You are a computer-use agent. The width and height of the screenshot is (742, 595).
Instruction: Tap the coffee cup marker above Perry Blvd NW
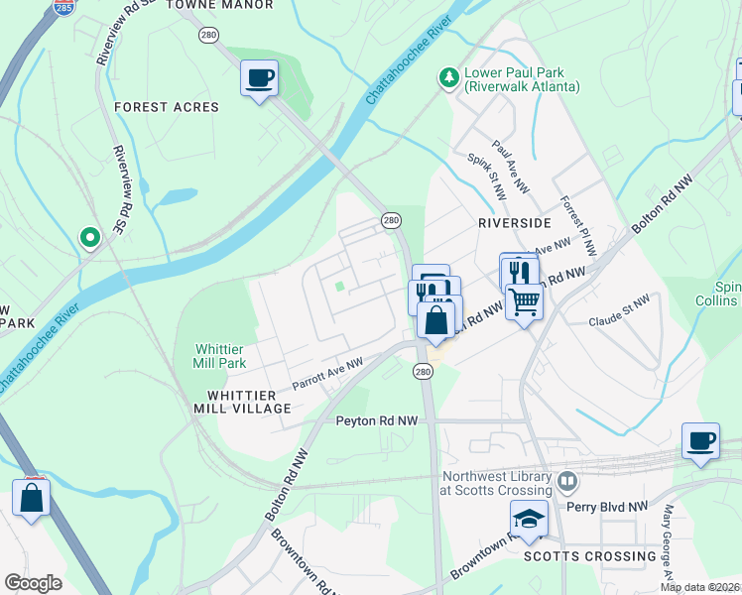coord(701,440)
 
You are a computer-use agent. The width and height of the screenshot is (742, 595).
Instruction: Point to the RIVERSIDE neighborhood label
coord(514,223)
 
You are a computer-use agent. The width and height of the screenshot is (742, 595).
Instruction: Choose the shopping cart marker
coord(525,300)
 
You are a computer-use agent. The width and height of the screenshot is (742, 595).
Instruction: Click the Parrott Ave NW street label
coord(328,375)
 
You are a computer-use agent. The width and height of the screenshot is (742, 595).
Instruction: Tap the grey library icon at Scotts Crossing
coord(567,483)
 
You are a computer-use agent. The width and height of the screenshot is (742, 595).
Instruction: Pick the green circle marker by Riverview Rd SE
coord(89,237)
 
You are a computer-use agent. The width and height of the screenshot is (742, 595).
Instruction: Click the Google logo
coord(33,583)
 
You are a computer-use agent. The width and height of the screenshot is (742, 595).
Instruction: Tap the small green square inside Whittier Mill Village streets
coord(340,288)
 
